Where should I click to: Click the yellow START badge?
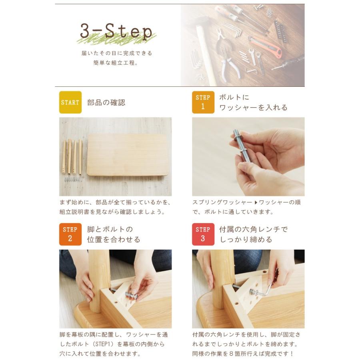click(70, 102)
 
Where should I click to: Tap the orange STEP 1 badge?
click(203, 102)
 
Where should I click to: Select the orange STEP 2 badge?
click(70, 234)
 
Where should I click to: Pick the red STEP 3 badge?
click(203, 234)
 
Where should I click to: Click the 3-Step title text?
click(116, 31)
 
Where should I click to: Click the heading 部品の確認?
click(106, 102)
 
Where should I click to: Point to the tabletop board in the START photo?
click(128, 155)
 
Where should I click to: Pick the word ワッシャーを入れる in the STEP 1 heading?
click(253, 108)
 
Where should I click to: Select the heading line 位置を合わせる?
click(114, 240)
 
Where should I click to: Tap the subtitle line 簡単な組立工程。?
click(116, 63)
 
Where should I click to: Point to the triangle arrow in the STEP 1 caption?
click(256, 202)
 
